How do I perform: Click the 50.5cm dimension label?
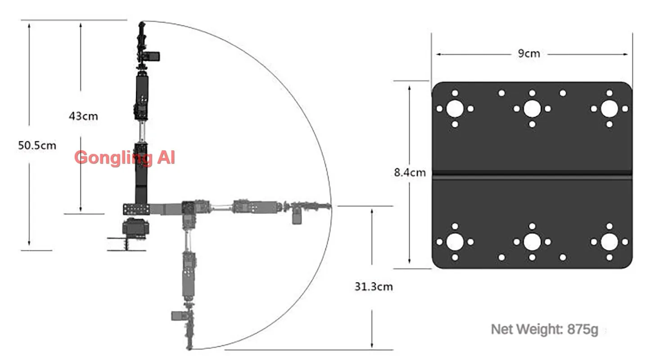coord(37,145)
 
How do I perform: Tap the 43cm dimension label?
coord(83,116)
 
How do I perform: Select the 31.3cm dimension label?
coord(374,287)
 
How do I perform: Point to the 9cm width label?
coord(529,54)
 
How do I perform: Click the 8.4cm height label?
coord(410,172)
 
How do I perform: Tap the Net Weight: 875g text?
coord(545,330)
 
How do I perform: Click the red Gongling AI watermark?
coord(125,157)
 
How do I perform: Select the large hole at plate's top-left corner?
coord(455,108)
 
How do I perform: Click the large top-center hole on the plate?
coord(532,108)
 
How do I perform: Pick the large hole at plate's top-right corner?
coord(609,108)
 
